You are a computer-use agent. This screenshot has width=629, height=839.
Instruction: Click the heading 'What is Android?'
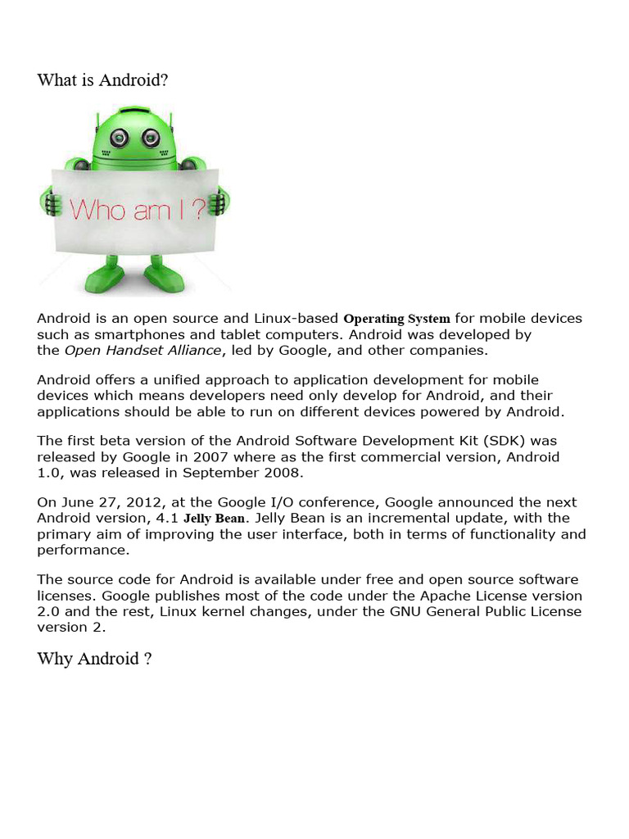pos(103,80)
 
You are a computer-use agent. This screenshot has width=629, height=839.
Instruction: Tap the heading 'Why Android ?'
pos(94,659)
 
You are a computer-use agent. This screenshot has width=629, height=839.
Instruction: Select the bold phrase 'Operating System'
pos(397,319)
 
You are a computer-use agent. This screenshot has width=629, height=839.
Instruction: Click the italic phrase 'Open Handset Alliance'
pos(143,351)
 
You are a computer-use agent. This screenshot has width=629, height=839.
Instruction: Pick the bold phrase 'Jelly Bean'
pos(213,519)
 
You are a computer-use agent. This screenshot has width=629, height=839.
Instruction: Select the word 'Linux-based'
pos(300,319)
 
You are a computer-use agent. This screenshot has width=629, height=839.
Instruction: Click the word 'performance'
pos(76,550)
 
